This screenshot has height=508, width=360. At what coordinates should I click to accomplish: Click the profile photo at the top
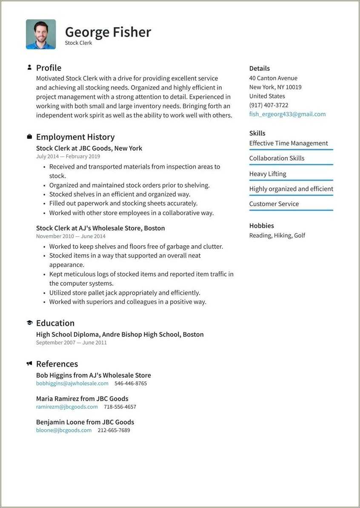click(x=41, y=34)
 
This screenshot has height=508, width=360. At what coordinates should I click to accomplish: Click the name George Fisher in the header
click(x=108, y=32)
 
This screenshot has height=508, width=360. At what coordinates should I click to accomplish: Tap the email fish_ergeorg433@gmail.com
click(x=287, y=114)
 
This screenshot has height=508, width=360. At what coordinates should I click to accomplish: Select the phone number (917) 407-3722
click(x=269, y=105)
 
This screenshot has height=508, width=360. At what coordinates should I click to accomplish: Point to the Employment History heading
click(x=75, y=137)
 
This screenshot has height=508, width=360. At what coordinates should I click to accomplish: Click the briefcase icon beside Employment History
click(x=29, y=137)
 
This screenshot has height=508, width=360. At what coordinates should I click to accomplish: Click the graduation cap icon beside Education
click(x=29, y=323)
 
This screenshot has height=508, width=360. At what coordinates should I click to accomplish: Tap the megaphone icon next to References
click(x=29, y=364)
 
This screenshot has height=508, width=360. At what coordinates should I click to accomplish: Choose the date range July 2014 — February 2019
click(x=68, y=156)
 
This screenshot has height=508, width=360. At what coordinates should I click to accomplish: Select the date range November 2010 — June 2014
click(x=71, y=236)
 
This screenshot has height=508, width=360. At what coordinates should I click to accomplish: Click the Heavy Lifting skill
click(x=268, y=174)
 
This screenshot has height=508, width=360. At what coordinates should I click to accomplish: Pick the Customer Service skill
click(x=274, y=204)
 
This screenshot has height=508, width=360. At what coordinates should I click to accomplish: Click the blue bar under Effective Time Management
click(x=291, y=149)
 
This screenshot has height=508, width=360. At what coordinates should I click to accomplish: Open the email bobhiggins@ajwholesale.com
click(x=72, y=383)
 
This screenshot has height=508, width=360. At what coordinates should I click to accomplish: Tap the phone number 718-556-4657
click(x=120, y=407)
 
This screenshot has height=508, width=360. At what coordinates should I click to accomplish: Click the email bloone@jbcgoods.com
click(x=64, y=430)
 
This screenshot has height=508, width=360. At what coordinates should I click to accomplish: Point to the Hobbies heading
click(x=261, y=226)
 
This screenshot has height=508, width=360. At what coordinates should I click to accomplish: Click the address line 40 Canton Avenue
click(x=273, y=78)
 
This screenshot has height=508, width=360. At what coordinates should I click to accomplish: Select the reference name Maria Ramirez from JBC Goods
click(x=82, y=399)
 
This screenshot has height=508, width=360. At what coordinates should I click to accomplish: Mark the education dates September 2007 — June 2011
click(x=71, y=342)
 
